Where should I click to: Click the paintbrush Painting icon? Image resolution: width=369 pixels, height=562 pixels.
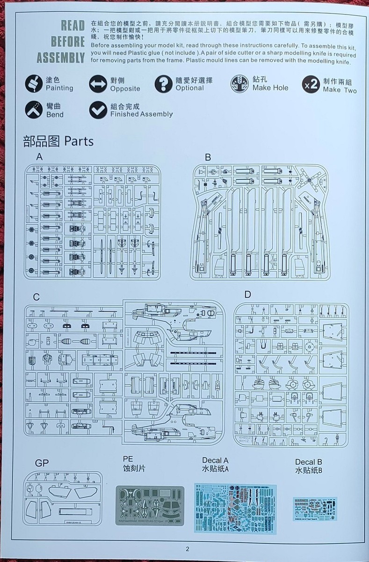click(x=34, y=84)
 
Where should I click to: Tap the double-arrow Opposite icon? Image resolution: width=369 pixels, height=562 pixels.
click(x=98, y=84)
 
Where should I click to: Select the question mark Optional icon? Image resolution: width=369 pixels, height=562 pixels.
click(x=163, y=84)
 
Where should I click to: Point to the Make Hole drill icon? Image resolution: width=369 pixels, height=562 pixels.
click(x=239, y=84)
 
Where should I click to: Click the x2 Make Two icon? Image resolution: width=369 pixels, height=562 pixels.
click(x=311, y=84)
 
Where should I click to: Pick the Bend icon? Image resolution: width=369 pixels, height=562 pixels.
click(x=34, y=110)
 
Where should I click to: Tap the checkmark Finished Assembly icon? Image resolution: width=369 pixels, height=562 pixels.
click(x=98, y=110)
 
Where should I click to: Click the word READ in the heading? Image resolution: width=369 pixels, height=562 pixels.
click(x=72, y=26)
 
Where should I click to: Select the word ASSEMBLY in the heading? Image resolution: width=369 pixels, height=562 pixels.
click(x=61, y=58)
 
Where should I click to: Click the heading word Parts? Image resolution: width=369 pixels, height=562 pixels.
click(x=79, y=141)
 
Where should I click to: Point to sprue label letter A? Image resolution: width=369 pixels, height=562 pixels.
click(x=39, y=157)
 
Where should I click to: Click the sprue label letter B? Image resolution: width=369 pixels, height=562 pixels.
click(x=208, y=157)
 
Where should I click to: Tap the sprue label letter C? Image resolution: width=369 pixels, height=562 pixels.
click(x=36, y=296)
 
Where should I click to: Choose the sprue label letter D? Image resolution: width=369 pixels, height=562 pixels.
click(x=247, y=295)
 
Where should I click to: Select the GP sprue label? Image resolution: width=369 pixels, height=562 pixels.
click(x=42, y=464)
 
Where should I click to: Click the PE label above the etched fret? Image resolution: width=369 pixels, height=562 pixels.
click(x=128, y=459)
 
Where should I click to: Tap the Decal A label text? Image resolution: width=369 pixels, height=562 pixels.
click(x=215, y=461)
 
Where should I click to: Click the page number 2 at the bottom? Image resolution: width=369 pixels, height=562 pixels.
click(x=187, y=549)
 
